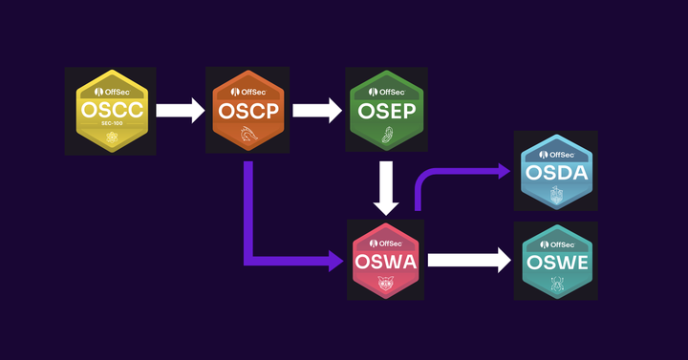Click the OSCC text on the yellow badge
pos(112,112)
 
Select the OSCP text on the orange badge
pos(247,112)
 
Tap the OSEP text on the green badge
pos(387,112)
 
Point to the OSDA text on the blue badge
pos(555,172)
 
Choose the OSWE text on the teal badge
pos(555,261)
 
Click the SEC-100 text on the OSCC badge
pos(112,127)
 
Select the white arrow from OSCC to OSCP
pos(181,111)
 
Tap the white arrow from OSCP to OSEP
pos(316,111)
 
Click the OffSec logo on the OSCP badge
pos(247,91)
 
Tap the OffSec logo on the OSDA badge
pos(555,152)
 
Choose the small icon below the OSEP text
pos(387,134)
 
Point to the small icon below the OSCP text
pos(247,135)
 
